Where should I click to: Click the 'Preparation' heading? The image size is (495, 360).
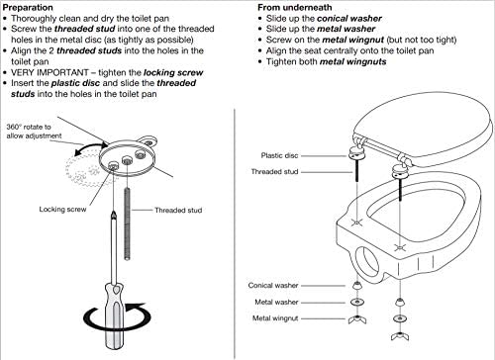click(28, 7)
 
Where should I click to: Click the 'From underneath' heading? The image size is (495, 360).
click(295, 7)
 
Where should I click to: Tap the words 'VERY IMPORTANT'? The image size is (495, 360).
click(49, 72)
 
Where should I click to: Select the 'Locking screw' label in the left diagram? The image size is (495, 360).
click(62, 210)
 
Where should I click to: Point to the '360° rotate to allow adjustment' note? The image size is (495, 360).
click(34, 132)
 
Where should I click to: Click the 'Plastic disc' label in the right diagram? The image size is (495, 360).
click(279, 155)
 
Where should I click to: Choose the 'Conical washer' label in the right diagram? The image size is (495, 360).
click(273, 285)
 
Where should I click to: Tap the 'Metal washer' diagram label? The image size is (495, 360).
click(276, 302)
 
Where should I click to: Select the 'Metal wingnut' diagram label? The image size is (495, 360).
click(275, 318)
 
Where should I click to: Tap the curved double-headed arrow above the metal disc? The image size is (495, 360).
click(90, 146)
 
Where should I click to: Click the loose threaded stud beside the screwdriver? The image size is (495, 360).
click(127, 224)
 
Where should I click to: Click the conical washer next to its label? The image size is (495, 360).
click(356, 285)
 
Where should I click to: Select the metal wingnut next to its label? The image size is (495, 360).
click(357, 319)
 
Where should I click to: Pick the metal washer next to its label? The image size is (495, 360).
click(356, 302)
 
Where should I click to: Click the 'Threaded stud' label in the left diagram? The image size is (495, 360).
click(178, 210)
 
